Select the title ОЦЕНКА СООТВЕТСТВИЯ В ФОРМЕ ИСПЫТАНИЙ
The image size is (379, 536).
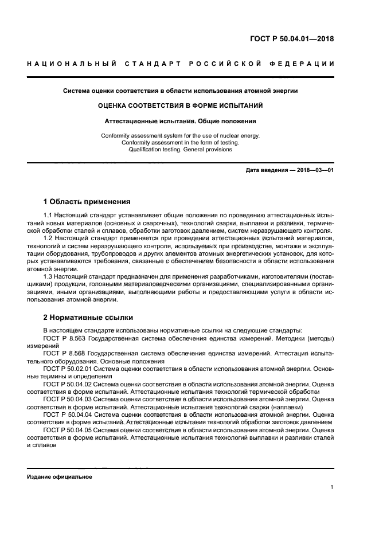tap(181, 105)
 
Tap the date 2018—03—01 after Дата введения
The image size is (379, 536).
tap(314, 171)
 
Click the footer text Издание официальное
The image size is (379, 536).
tap(59, 476)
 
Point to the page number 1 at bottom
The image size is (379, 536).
tap(331, 488)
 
